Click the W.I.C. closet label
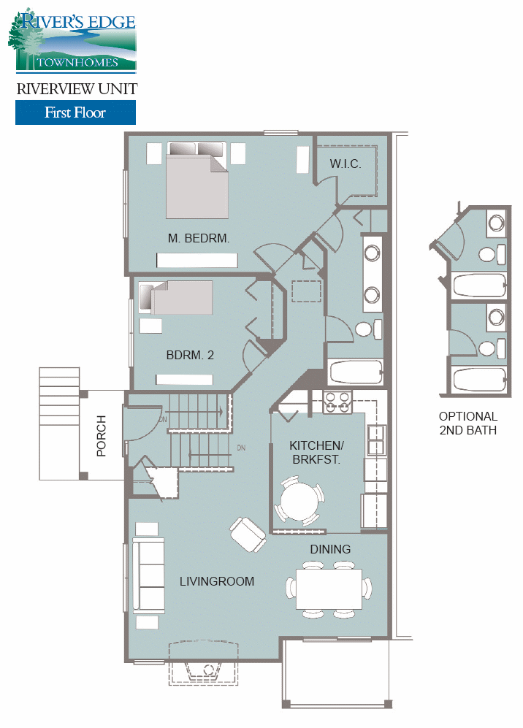point(346,164)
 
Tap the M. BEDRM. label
point(199,238)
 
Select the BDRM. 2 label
point(190,356)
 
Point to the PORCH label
point(102,436)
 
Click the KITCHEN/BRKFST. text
point(316,452)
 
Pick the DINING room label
point(330,549)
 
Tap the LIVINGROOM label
point(217,581)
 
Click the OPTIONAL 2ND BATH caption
point(468,424)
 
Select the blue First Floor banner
point(75,112)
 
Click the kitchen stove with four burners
point(338,402)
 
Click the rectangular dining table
point(329,589)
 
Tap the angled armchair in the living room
point(248,534)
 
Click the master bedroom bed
point(198,179)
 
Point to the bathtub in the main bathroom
point(356,372)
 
